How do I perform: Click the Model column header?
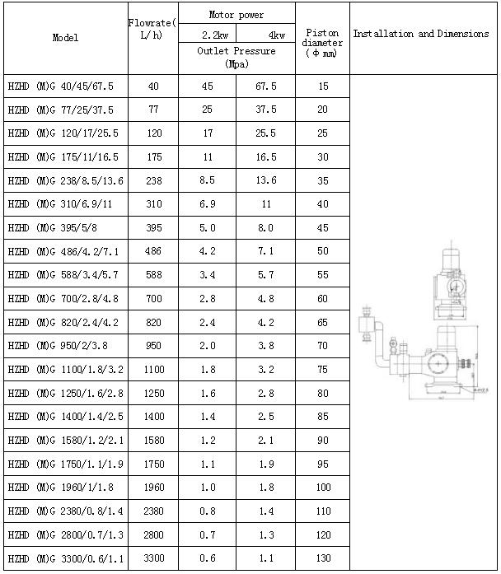point(65,38)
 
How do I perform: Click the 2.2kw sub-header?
point(208,35)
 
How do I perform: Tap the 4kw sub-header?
point(265,35)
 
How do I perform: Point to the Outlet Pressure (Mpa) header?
point(236,57)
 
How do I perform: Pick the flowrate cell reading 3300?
point(153,558)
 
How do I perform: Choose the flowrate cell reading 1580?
point(153,441)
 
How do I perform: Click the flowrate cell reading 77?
point(153,109)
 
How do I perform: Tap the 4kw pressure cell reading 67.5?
point(265,86)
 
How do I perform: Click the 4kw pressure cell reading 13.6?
point(265,180)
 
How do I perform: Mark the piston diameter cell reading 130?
point(322,558)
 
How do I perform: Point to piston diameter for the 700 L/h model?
point(322,298)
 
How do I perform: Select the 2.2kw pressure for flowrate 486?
point(208,250)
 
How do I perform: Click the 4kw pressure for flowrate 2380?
point(265,511)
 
